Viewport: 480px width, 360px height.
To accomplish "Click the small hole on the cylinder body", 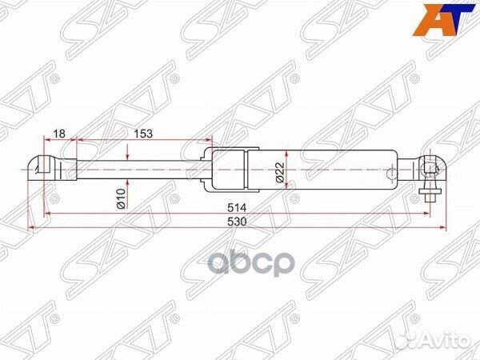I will (x=390, y=170).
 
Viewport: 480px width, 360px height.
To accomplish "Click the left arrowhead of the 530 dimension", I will (x=33, y=227).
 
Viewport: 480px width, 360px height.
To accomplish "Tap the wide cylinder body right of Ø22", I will (x=344, y=170).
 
